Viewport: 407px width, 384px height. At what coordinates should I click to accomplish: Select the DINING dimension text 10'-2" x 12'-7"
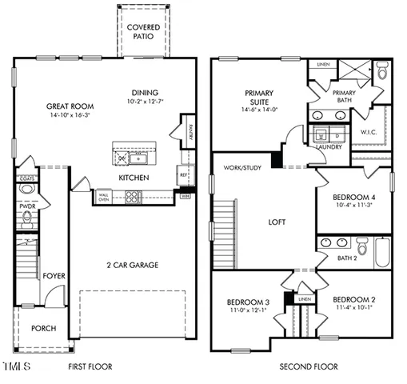point(145,102)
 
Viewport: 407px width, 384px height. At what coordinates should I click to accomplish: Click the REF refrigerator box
point(184,173)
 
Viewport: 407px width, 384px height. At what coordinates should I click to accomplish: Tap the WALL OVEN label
point(104,196)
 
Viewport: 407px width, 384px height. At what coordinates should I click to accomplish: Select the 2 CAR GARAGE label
point(132,265)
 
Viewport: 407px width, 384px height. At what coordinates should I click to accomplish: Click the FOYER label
point(54,276)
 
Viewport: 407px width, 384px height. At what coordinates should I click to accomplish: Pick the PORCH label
point(42,329)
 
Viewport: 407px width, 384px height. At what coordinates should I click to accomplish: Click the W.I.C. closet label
point(369,132)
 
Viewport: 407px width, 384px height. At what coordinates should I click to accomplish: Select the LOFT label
point(276,222)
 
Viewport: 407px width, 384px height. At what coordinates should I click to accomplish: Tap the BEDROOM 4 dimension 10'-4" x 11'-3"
point(354,206)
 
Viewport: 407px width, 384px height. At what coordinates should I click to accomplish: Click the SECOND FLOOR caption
point(308,367)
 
